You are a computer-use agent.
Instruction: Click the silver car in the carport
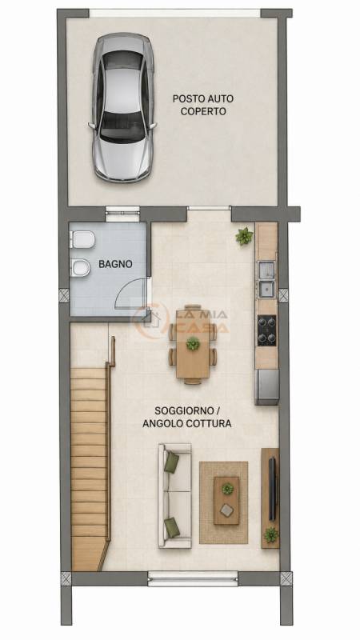[122, 107]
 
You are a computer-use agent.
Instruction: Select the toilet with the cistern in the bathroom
[83, 239]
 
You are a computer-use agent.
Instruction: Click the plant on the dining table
[193, 344]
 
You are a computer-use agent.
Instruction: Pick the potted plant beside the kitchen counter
[244, 236]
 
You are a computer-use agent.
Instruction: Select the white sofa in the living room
[175, 495]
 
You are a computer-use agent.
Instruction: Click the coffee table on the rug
[226, 501]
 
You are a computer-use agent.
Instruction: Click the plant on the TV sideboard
[270, 535]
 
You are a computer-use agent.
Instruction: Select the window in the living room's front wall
[193, 578]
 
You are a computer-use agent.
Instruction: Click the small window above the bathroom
[122, 214]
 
